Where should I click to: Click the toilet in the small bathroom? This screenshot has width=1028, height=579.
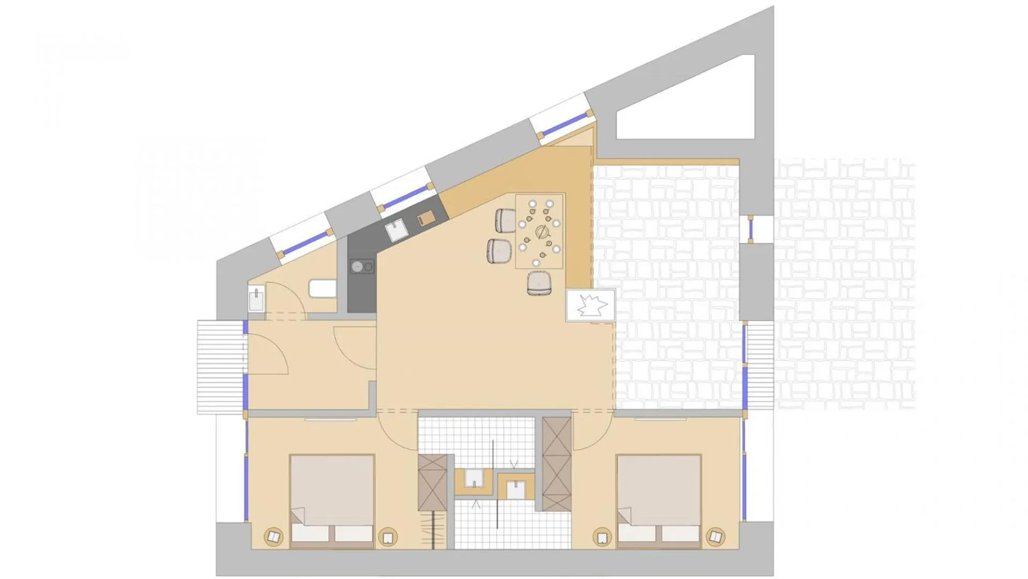click(322, 288)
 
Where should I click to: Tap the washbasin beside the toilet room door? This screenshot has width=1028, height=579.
click(256, 298)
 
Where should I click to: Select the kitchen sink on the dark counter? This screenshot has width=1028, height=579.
click(396, 231)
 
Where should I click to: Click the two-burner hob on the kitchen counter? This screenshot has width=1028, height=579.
click(362, 266)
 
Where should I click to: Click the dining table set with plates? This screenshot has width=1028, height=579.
click(539, 231)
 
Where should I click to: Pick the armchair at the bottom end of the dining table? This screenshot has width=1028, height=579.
click(539, 283)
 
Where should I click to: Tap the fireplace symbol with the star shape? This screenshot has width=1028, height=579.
click(591, 306)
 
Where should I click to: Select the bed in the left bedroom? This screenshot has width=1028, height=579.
click(332, 501)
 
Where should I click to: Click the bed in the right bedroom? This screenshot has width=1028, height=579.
click(659, 501)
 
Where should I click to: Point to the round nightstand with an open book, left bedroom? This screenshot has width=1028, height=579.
click(274, 536)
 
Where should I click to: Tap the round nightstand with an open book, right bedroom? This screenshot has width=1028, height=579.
click(715, 536)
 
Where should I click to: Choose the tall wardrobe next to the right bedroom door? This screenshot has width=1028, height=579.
click(557, 464)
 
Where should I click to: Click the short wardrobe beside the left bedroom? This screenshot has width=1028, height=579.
click(432, 482)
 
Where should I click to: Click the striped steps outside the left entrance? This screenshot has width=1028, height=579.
click(220, 367)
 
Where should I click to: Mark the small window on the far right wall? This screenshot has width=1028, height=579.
click(751, 229)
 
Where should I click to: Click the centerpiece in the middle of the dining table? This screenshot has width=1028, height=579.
click(542, 232)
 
